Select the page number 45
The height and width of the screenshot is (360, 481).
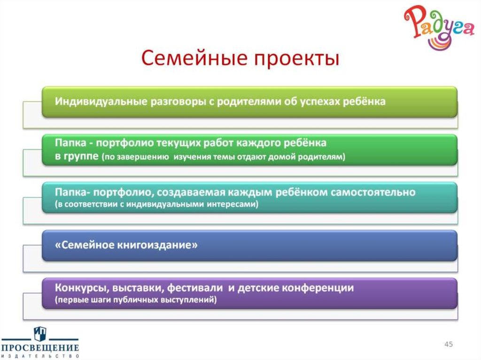(x=449, y=345)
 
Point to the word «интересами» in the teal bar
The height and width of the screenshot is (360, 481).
(x=233, y=205)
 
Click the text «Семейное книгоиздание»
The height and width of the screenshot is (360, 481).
(x=126, y=245)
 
